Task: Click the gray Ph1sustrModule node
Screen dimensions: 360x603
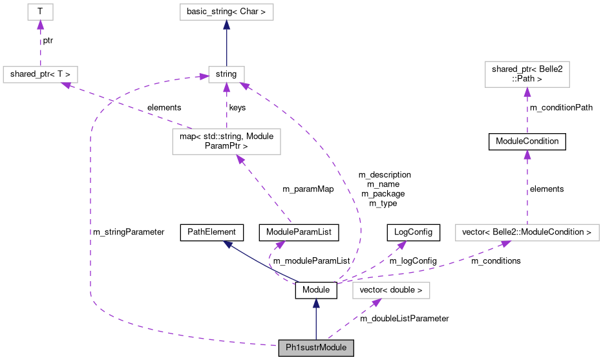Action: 316,348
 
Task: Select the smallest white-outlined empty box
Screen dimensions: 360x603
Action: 40,12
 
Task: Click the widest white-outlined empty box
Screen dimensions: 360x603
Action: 527,233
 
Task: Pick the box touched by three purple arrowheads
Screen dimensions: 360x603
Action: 226,74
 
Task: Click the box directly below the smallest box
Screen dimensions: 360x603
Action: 40,74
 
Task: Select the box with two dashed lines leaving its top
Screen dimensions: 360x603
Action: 226,142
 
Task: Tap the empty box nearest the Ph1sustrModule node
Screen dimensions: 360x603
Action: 390,291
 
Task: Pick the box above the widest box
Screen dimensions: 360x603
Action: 527,74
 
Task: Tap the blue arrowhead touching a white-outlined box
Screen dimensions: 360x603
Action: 226,25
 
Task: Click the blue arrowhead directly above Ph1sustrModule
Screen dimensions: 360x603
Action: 316,302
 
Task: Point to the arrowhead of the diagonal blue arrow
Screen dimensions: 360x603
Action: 227,244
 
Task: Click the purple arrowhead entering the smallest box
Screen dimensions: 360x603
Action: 40,25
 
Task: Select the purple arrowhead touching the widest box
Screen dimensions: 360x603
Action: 505,244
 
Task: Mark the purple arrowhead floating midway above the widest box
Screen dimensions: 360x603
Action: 527,154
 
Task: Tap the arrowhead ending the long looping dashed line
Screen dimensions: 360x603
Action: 204,77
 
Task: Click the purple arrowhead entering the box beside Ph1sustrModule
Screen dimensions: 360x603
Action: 376,302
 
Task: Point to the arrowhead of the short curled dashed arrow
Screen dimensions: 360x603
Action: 280,244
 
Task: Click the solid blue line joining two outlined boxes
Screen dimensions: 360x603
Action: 226,45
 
